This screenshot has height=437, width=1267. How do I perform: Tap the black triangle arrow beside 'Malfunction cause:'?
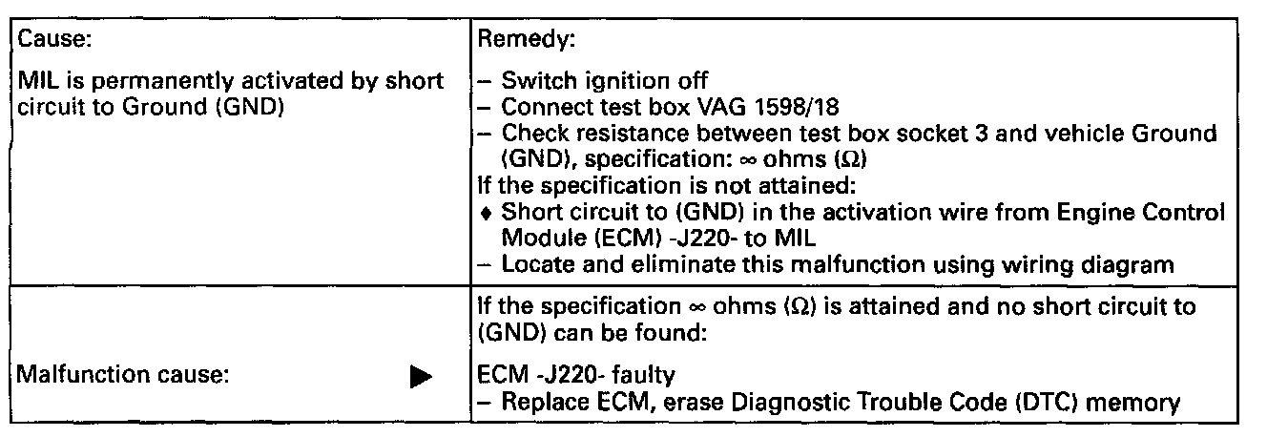pos(418,377)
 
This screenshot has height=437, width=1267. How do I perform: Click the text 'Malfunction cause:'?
pos(119,376)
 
